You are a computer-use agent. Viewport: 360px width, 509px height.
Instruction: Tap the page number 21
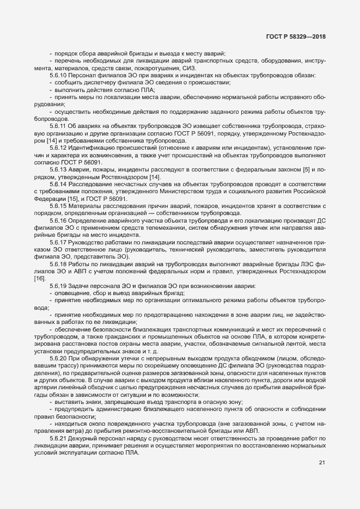pos(322,463)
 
